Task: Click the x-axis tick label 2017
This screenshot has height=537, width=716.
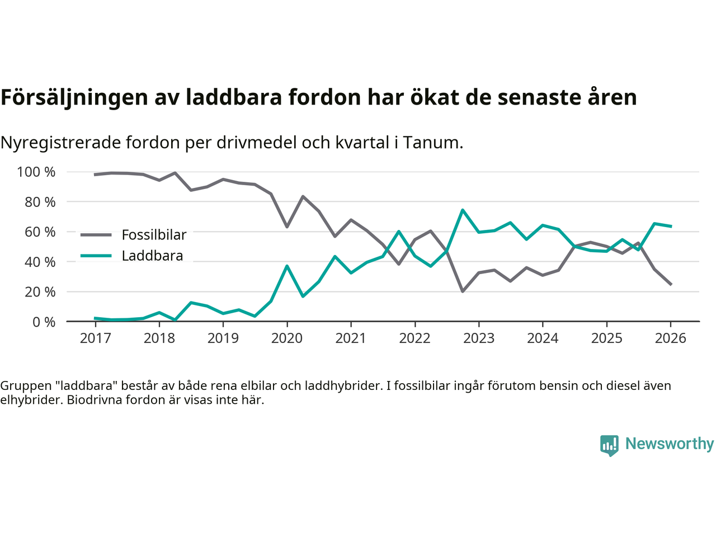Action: (95, 338)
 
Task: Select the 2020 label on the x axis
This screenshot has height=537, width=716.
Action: (287, 338)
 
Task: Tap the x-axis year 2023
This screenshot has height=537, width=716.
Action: (479, 338)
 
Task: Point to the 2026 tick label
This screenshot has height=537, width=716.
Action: (670, 338)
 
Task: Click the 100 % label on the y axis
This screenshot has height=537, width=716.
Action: (36, 172)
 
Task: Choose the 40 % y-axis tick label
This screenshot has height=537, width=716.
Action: (40, 262)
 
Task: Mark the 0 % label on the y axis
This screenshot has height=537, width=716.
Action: (43, 322)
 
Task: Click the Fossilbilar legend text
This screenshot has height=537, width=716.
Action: (154, 235)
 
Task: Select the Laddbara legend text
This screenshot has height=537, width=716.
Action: (152, 256)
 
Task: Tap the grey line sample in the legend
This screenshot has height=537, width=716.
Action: (96, 235)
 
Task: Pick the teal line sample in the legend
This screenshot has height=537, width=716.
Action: (96, 256)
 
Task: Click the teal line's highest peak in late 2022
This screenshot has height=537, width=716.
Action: (463, 210)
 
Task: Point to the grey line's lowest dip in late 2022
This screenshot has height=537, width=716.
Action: (463, 291)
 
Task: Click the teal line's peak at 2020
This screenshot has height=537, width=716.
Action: (287, 266)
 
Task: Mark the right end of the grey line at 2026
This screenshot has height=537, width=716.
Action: (671, 284)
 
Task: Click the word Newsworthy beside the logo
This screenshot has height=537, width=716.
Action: (669, 444)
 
